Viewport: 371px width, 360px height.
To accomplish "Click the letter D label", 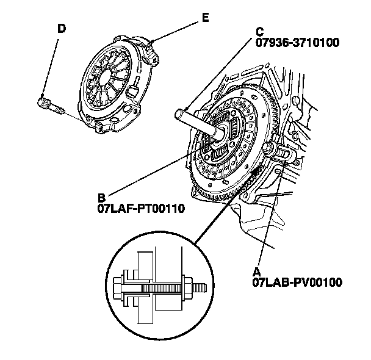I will pos(62,28).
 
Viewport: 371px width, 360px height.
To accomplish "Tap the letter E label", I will pos(205,18).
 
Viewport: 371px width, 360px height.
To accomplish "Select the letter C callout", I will pos(259,31).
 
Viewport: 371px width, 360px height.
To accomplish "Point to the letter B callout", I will pos(102,198).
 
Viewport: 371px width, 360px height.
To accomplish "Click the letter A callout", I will pos(257,271).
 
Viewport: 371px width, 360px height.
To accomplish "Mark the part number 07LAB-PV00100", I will pos(296,282).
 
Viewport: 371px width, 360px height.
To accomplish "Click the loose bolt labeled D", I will pos(51,106).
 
